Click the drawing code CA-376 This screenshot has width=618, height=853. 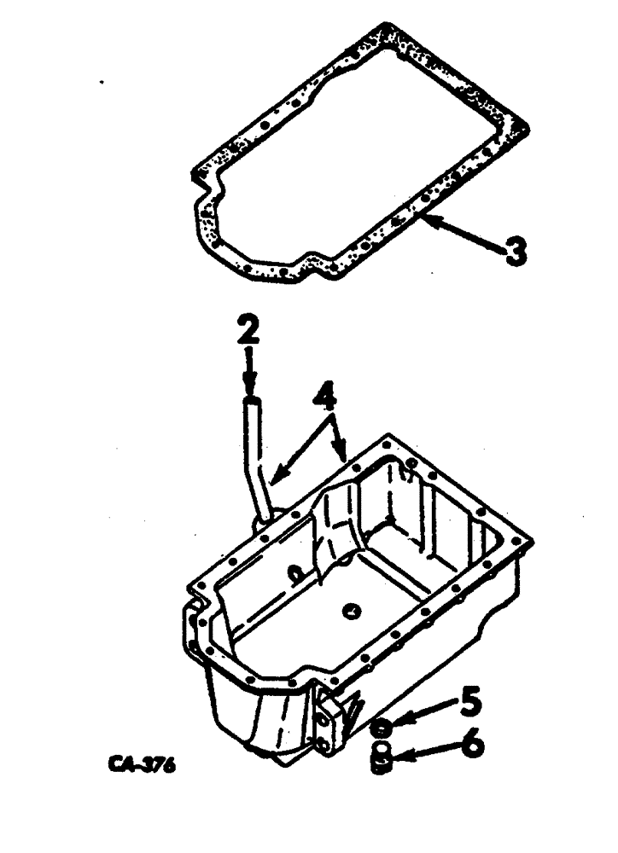(142, 765)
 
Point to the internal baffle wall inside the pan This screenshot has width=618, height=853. (337, 529)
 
